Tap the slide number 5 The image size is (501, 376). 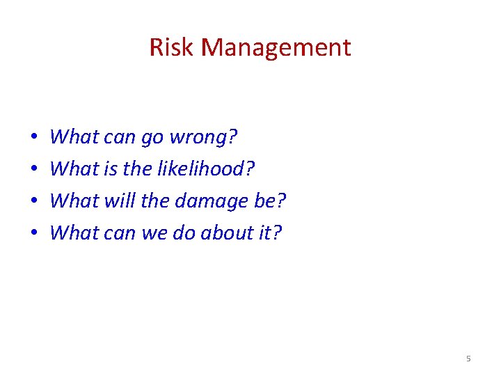pyautogui.click(x=468, y=359)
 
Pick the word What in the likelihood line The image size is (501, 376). pyautogui.click(x=74, y=169)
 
